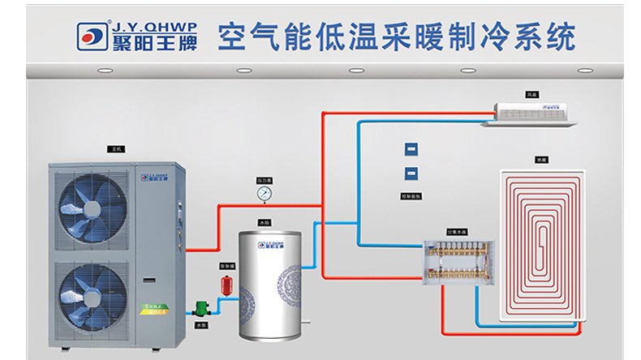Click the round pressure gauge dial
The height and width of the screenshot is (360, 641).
(264, 194)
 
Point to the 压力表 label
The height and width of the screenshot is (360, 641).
(264, 180)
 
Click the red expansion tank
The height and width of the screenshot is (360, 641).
(227, 285)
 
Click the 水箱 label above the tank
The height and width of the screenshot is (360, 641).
(265, 221)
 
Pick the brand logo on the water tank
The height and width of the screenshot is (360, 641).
(273, 243)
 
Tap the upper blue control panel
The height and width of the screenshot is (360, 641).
(411, 149)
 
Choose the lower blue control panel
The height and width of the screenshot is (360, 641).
(411, 172)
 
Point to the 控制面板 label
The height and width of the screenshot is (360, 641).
(411, 195)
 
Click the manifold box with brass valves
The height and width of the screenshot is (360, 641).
(458, 262)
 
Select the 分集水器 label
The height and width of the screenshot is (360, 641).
(457, 232)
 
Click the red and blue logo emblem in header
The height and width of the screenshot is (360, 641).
(93, 34)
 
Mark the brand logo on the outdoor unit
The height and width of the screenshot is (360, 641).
(155, 174)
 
